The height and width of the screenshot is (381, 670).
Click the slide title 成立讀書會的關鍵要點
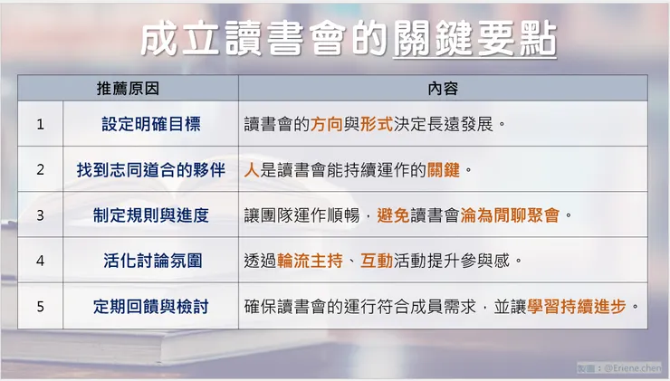pos(349,41)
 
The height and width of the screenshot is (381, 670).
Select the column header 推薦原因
pos(128,89)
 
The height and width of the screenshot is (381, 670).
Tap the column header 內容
pos(443,89)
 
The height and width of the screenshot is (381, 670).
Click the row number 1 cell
pos(40,124)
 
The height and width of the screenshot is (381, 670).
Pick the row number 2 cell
pos(40,169)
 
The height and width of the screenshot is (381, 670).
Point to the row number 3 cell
pos(40,215)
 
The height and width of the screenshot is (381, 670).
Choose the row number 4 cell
pos(40,261)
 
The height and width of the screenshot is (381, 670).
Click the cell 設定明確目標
pos(150,124)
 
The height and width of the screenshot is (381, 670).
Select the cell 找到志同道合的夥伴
pos(150,169)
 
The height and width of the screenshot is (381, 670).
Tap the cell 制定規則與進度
pos(150,215)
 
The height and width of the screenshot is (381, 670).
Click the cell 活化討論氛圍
pos(150,261)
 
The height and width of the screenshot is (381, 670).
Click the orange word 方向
pos(327,124)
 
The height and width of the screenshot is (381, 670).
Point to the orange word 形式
pos(376,124)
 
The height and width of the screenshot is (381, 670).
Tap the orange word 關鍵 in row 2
pos(445,169)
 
